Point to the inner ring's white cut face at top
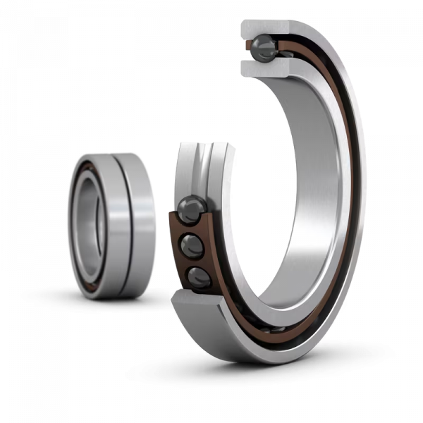[264, 68]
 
